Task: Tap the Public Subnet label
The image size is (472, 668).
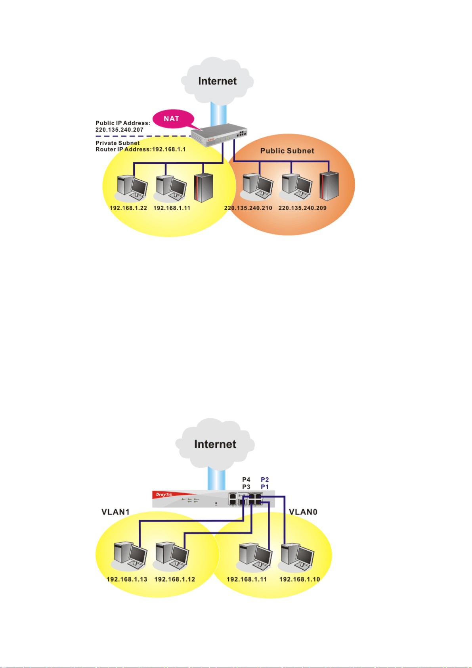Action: tap(287, 151)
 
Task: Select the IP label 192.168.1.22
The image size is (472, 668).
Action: tap(128, 208)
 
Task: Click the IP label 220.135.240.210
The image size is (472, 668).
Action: tap(248, 208)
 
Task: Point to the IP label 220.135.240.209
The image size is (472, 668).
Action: tap(302, 208)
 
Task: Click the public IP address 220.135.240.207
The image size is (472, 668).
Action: tap(119, 130)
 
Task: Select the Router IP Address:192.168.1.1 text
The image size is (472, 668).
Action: tap(140, 149)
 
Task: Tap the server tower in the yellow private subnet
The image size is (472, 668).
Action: tap(203, 188)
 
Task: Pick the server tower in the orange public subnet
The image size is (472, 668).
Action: tap(329, 186)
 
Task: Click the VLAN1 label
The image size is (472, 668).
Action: tap(115, 512)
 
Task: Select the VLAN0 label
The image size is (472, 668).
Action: tap(303, 512)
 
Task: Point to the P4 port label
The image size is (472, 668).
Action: tap(246, 480)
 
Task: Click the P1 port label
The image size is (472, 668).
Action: tap(264, 487)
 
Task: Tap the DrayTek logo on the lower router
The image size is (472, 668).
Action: tap(164, 494)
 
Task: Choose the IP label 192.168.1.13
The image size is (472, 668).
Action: tap(127, 579)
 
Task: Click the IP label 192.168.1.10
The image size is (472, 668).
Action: tap(299, 579)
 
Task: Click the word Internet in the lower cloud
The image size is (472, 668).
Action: tap(215, 444)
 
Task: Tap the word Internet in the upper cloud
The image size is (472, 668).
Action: tap(217, 81)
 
